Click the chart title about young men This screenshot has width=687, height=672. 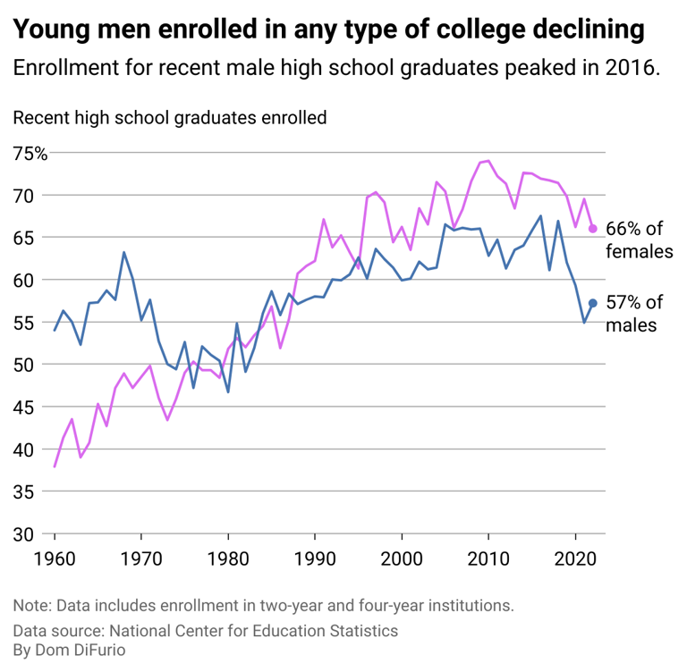tap(328, 29)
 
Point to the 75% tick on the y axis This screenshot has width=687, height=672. tap(30, 153)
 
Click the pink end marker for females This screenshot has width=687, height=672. tap(592, 229)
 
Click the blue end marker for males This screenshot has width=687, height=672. tap(592, 304)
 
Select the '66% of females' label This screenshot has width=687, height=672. tap(639, 240)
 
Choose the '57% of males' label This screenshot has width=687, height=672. tap(634, 314)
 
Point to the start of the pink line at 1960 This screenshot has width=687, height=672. tap(55, 466)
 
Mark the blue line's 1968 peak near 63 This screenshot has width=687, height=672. tap(123, 252)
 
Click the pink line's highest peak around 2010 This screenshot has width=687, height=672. tap(488, 161)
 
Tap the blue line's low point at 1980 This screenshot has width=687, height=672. tap(228, 392)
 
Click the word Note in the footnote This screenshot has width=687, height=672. tap(31, 606)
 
